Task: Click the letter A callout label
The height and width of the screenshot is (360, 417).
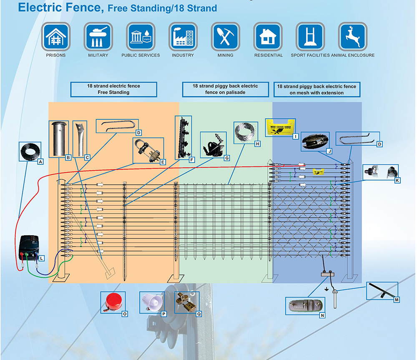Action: (x=40, y=161)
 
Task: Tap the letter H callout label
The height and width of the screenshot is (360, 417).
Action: (x=258, y=143)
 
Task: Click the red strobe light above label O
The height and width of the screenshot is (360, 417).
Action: (x=111, y=301)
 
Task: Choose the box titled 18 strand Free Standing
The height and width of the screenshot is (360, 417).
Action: (x=113, y=89)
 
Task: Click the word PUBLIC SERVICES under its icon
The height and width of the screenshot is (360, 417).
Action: (x=141, y=55)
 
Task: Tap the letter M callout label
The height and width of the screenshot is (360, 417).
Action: (x=396, y=300)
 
